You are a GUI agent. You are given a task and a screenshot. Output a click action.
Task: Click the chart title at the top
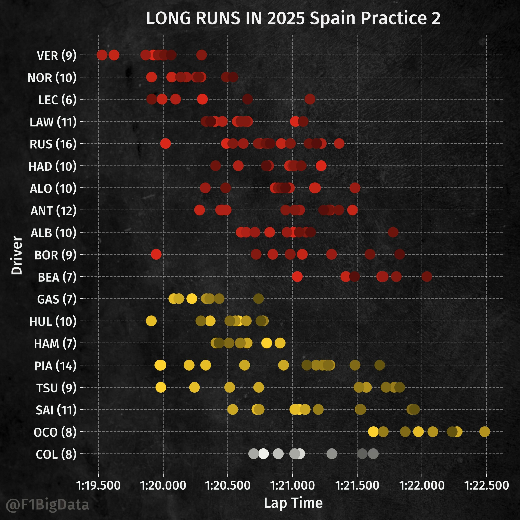[293, 18]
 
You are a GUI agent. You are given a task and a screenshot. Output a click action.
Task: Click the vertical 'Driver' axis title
[17, 255]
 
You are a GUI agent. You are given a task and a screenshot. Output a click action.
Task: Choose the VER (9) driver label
[56, 56]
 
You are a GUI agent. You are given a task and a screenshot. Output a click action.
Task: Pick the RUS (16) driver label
[53, 144]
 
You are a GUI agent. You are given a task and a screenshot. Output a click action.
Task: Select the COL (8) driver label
[56, 454]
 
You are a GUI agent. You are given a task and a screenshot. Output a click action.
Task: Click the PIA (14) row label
[55, 366]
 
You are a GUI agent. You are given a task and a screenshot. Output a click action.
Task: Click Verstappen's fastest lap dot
[102, 55]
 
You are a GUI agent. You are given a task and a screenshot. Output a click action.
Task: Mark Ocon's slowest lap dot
[485, 432]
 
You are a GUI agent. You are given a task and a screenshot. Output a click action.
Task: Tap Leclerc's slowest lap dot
[310, 99]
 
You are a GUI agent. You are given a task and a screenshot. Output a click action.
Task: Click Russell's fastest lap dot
[166, 143]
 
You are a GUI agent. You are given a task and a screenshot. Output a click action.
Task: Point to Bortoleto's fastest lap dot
[156, 254]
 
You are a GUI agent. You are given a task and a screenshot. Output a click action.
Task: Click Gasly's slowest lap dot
[259, 299]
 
